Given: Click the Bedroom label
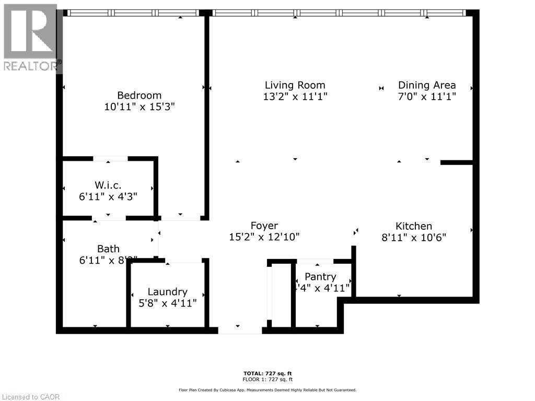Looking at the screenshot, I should pos(139,96).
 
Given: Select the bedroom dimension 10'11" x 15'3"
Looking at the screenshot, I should pos(139,107).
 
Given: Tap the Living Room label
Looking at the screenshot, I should pos(295,85).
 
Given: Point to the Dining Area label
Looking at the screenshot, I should pos(427,85).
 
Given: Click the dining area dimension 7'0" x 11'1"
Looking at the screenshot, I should pos(427,97).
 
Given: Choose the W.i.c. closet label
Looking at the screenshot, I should pos(108,185).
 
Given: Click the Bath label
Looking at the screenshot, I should pos(108,249).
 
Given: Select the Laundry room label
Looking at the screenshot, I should pos(167,292).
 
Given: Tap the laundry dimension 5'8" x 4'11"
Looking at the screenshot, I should pos(167,303).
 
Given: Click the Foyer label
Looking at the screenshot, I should pos(264,226).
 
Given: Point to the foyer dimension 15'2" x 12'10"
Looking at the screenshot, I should pos(264,237).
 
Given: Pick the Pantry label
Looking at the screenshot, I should pos(320,277).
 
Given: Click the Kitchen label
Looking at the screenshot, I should pos(413,226).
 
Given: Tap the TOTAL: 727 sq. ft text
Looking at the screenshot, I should pos(268,373).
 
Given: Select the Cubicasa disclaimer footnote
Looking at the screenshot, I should pos(267,390).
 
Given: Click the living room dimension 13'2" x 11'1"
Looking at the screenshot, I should pos(295,97).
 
